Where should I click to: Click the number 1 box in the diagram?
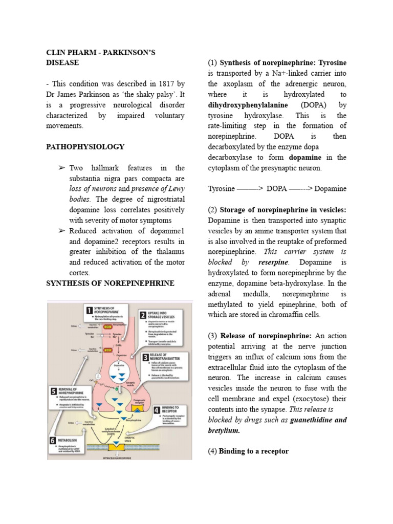pyautogui.click(x=89, y=310)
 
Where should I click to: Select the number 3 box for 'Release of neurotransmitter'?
pyautogui.click(x=145, y=358)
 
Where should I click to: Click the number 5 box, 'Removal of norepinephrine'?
pyautogui.click(x=53, y=392)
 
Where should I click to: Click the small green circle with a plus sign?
pyautogui.click(x=102, y=390)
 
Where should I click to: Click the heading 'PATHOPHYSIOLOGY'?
pyautogui.click(x=85, y=147)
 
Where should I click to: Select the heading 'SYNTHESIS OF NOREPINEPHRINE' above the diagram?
pyautogui.click(x=111, y=283)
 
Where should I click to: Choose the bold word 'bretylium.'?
pyautogui.click(x=224, y=430)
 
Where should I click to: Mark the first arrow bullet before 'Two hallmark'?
pyautogui.click(x=61, y=168)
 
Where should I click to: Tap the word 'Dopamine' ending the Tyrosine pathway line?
pyautogui.click(x=331, y=189)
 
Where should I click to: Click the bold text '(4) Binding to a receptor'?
pyautogui.click(x=248, y=451)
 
